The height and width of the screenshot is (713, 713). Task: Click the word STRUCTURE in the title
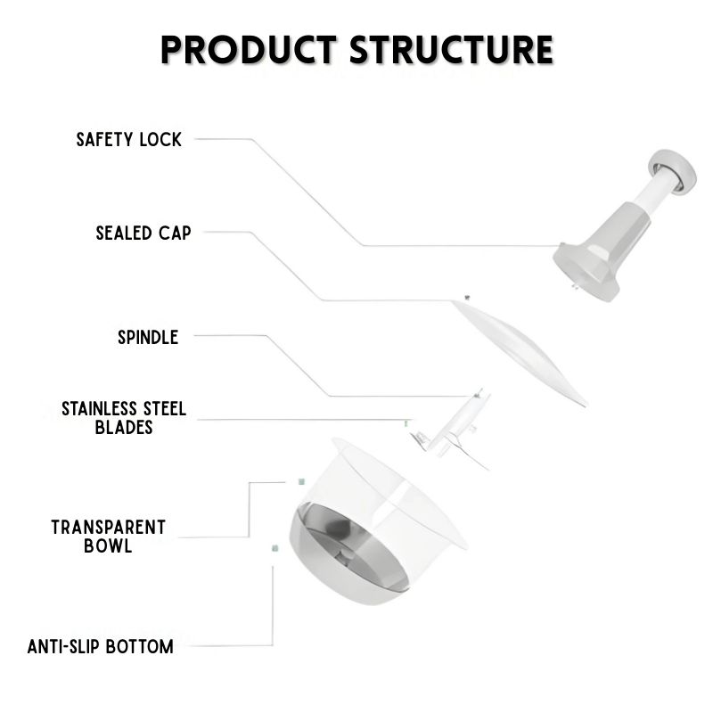(x=451, y=50)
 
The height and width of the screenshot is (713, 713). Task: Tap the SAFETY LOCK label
(x=128, y=139)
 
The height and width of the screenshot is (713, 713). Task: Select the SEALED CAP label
(x=143, y=234)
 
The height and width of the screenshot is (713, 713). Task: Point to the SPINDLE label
(x=148, y=337)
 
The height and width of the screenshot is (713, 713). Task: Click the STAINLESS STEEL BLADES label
(x=124, y=418)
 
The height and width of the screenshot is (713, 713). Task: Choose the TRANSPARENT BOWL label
(x=108, y=536)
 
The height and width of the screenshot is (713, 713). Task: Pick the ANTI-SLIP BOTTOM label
(x=101, y=646)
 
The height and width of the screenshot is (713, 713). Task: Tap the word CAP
(x=174, y=234)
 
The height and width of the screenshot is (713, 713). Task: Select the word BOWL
(x=108, y=545)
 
